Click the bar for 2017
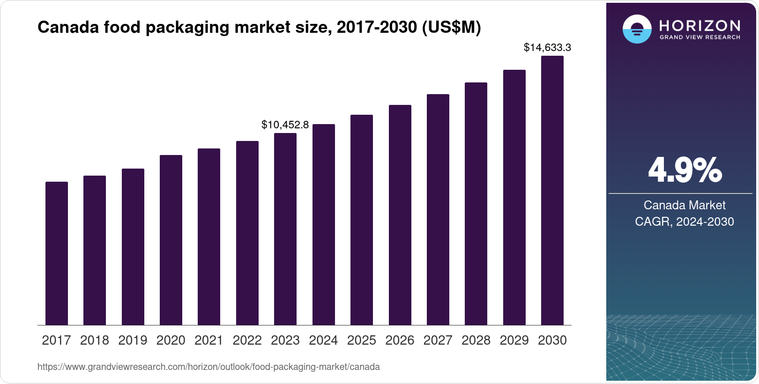pos(57,253)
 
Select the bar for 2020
pos(171,240)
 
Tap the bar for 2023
pos(285,229)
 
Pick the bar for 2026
pos(400,215)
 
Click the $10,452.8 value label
pos(285,125)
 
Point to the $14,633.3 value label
pos(547,47)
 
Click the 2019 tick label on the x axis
pos(133,340)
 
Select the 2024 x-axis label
pos(323,340)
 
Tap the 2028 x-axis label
pos(476,340)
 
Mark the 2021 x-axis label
pos(209,340)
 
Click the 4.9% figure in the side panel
pos(685,170)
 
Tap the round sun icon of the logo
pos(637,29)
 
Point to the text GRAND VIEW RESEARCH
pos(699,37)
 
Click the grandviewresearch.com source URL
pos(208,367)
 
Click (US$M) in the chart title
pos(452,28)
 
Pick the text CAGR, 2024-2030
pos(684,222)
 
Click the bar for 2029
pos(514,198)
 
